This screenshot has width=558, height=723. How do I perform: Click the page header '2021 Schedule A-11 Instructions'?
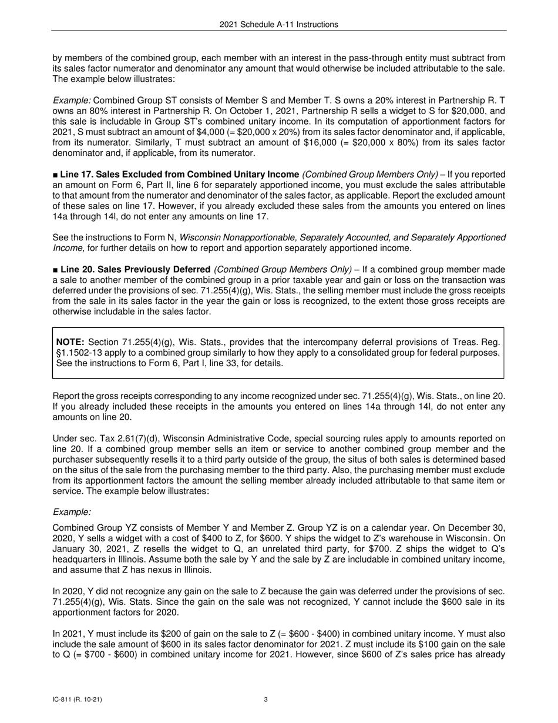[279, 24]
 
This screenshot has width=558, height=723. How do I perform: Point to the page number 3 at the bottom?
[266, 699]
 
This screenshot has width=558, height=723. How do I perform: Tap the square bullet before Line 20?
[55, 270]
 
